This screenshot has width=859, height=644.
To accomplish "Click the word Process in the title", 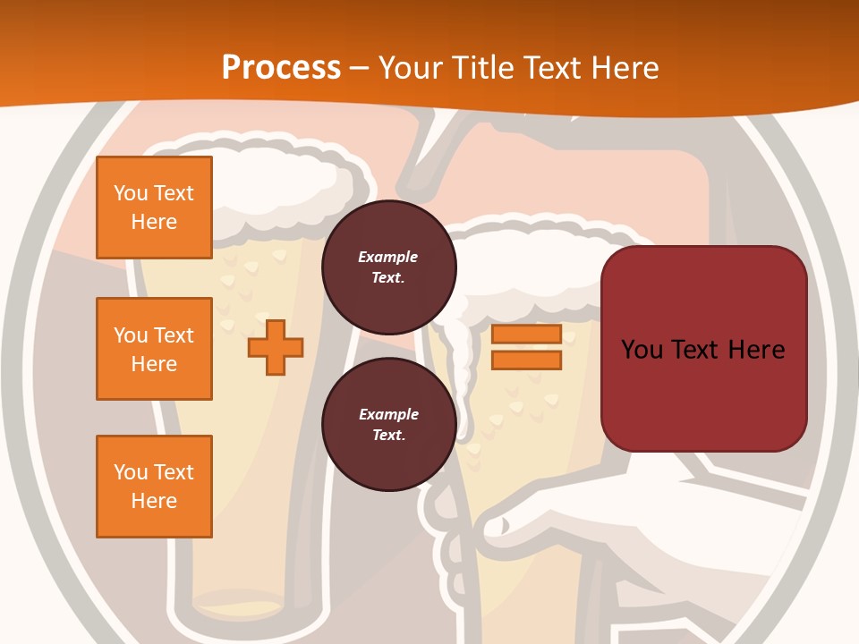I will click(281, 68).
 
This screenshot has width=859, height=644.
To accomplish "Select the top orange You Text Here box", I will click(154, 208).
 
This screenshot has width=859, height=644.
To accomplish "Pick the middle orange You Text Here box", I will click(154, 349).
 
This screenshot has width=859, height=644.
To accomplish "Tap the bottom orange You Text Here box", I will click(154, 487).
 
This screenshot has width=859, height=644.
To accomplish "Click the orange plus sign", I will click(276, 346).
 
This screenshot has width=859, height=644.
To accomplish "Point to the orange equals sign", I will click(526, 347).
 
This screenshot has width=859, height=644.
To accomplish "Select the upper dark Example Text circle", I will click(388, 267).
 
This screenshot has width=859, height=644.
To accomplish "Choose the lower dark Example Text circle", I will click(388, 425).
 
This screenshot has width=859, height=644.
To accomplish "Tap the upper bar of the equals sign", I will click(526, 335).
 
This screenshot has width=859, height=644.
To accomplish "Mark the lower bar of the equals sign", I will click(526, 360).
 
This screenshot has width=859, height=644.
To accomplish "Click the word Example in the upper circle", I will click(388, 258).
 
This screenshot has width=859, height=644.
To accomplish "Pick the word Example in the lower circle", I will click(388, 415).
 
